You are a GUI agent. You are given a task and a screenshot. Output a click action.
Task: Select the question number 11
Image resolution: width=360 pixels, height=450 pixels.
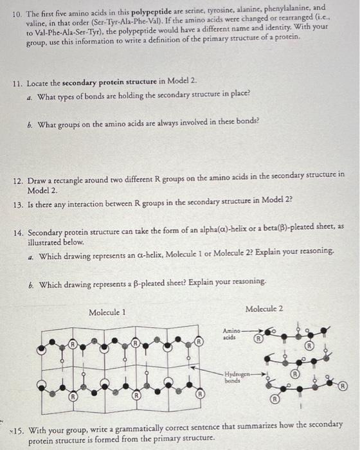click(x=18, y=84)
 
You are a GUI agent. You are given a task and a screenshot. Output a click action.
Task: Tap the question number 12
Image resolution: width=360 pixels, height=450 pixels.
click(x=18, y=174)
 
